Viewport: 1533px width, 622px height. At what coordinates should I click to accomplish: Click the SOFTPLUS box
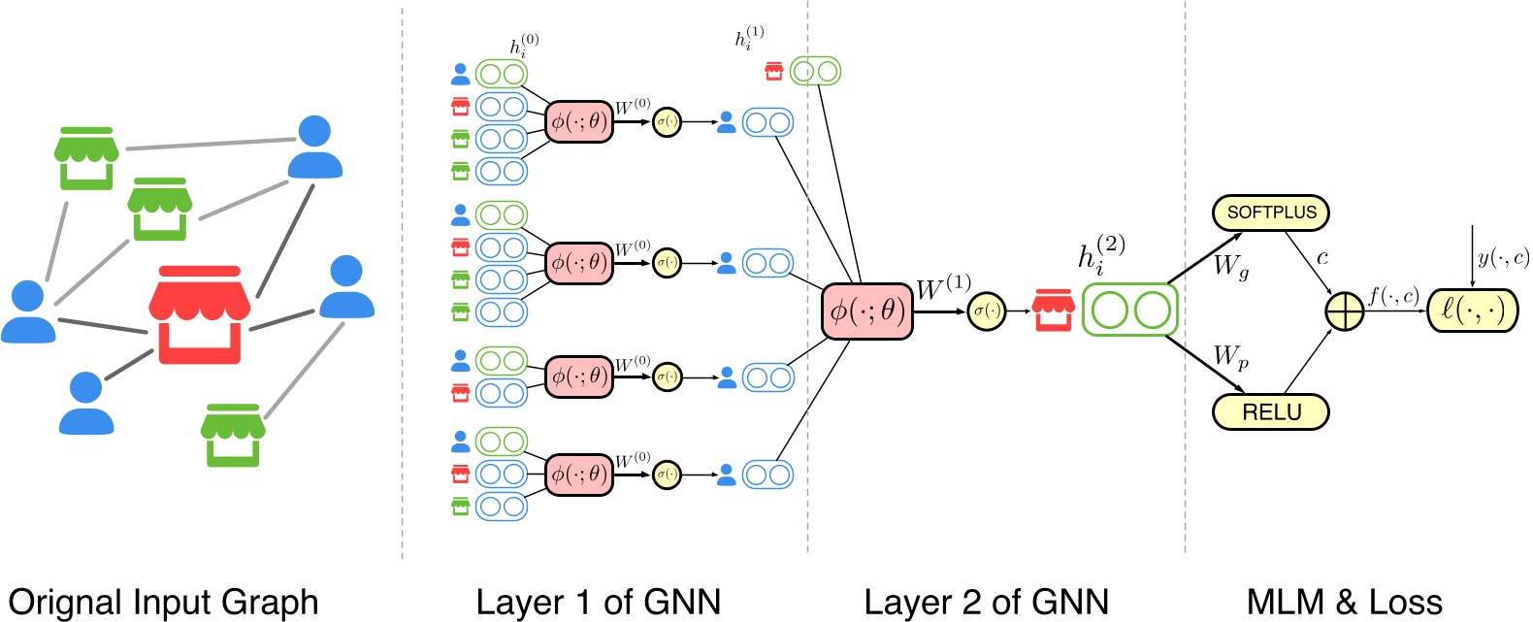[1271, 213]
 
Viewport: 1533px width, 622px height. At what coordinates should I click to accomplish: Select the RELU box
[1271, 412]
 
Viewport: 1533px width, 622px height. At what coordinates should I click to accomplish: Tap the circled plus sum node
[1345, 312]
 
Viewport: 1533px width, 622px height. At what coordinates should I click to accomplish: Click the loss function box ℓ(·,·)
[1473, 311]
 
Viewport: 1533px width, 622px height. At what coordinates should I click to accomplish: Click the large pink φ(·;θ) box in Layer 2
[867, 311]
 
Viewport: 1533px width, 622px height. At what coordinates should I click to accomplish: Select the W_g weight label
[1231, 266]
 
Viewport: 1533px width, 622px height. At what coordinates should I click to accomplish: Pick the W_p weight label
[1231, 358]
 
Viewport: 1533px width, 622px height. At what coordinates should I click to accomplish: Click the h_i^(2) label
[1102, 256]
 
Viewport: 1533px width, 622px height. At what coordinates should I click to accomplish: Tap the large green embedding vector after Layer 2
[1130, 311]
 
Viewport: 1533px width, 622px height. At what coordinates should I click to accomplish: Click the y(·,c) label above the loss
[1502, 258]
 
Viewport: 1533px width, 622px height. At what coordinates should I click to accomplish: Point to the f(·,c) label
[1393, 296]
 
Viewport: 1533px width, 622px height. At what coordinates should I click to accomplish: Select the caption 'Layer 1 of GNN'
[599, 602]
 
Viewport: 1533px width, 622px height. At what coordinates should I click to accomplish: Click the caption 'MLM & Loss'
[1344, 602]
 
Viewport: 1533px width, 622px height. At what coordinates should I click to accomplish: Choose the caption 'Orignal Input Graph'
[163, 602]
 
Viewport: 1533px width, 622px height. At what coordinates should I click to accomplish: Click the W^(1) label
[943, 288]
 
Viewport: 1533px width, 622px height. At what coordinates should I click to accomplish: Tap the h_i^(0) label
[524, 47]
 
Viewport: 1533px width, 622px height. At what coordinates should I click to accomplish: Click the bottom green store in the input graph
[233, 435]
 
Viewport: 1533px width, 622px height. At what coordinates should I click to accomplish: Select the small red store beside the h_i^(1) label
[774, 71]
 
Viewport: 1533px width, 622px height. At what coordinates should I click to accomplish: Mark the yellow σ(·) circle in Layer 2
[986, 311]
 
